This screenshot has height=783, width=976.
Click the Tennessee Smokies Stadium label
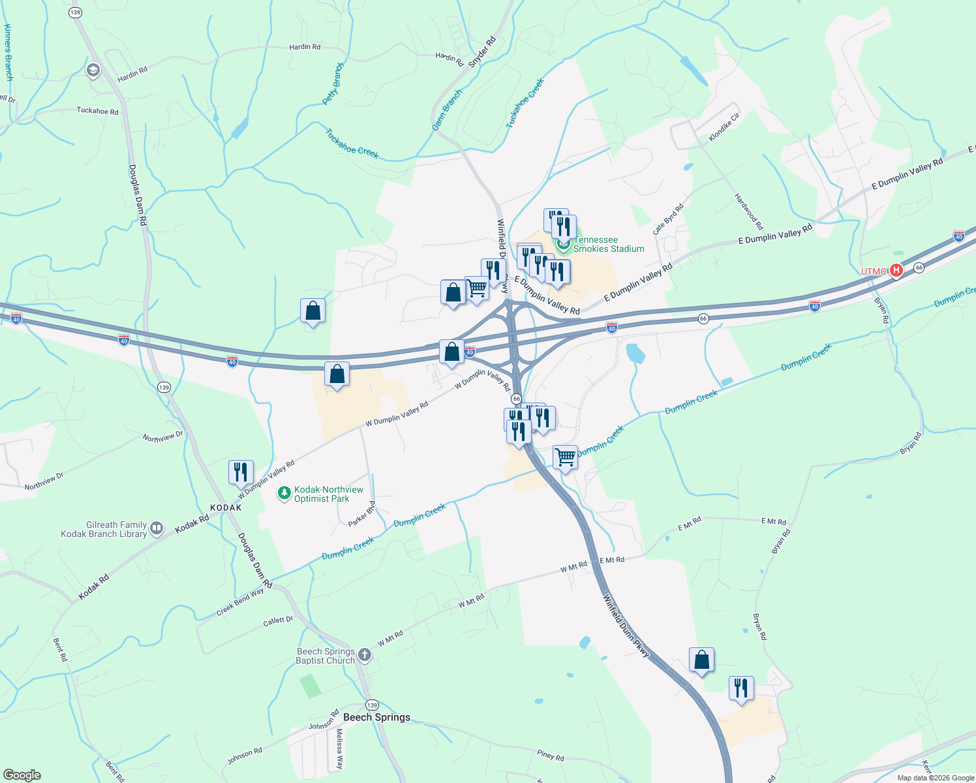click(x=609, y=245)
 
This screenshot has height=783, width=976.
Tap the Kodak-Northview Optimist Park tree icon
click(x=284, y=493)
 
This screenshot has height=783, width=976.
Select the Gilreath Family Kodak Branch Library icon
click(x=157, y=529)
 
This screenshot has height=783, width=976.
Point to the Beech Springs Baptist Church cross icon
click(x=365, y=654)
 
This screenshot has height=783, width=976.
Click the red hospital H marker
click(x=896, y=270)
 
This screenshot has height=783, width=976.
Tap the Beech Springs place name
click(x=376, y=717)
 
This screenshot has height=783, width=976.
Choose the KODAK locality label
click(x=226, y=508)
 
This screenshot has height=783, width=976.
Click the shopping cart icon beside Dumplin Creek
click(x=565, y=456)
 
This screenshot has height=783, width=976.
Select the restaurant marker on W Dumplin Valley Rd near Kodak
click(x=241, y=471)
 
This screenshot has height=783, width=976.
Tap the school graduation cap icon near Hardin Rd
click(x=93, y=70)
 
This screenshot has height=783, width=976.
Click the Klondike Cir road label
click(x=724, y=127)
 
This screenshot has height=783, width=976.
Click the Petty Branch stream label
click(x=333, y=84)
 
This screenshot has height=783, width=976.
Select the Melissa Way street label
click(x=339, y=748)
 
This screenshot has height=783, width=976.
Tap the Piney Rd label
click(x=551, y=756)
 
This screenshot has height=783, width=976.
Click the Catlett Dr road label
click(x=278, y=621)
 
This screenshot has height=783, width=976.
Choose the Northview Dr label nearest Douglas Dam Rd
click(x=163, y=437)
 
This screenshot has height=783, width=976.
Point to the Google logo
click(x=22, y=775)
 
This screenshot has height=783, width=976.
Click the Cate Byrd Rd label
click(x=668, y=219)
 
